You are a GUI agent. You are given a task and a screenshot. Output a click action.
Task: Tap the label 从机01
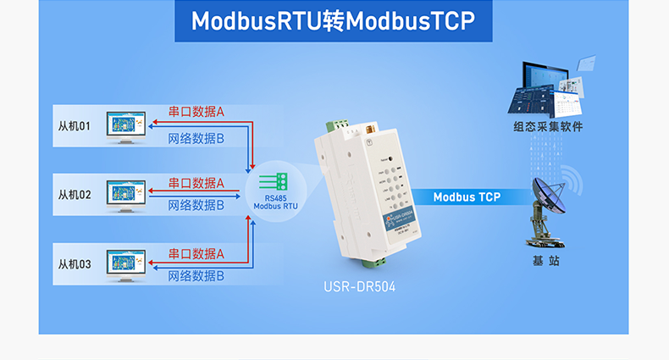coord(74,126)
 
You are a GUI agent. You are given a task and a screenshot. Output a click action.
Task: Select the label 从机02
coord(74,195)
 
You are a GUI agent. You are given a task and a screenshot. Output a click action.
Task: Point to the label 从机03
coord(74,263)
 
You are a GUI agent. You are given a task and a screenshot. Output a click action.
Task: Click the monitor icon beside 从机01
coord(126,126)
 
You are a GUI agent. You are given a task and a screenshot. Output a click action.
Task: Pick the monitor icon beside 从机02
coord(126,195)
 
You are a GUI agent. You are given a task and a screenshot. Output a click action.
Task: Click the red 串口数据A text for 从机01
coord(196,111)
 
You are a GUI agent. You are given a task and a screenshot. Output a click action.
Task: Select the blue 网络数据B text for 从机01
coord(196,136)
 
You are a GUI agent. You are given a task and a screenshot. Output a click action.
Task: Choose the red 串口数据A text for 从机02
coord(196,182)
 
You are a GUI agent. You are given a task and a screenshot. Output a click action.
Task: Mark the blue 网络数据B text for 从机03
coord(196,275)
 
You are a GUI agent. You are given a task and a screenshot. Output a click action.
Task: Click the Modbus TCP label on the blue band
coord(467,197)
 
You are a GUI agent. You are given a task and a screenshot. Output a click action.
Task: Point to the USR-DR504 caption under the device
coord(359,287)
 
